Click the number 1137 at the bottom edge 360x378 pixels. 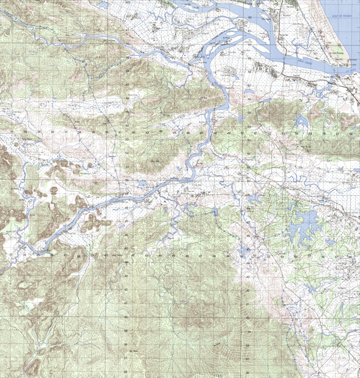(217, 375)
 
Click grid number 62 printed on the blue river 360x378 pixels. (250, 17)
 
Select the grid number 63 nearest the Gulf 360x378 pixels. (250, 4)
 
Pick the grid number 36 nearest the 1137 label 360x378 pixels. (247, 372)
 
